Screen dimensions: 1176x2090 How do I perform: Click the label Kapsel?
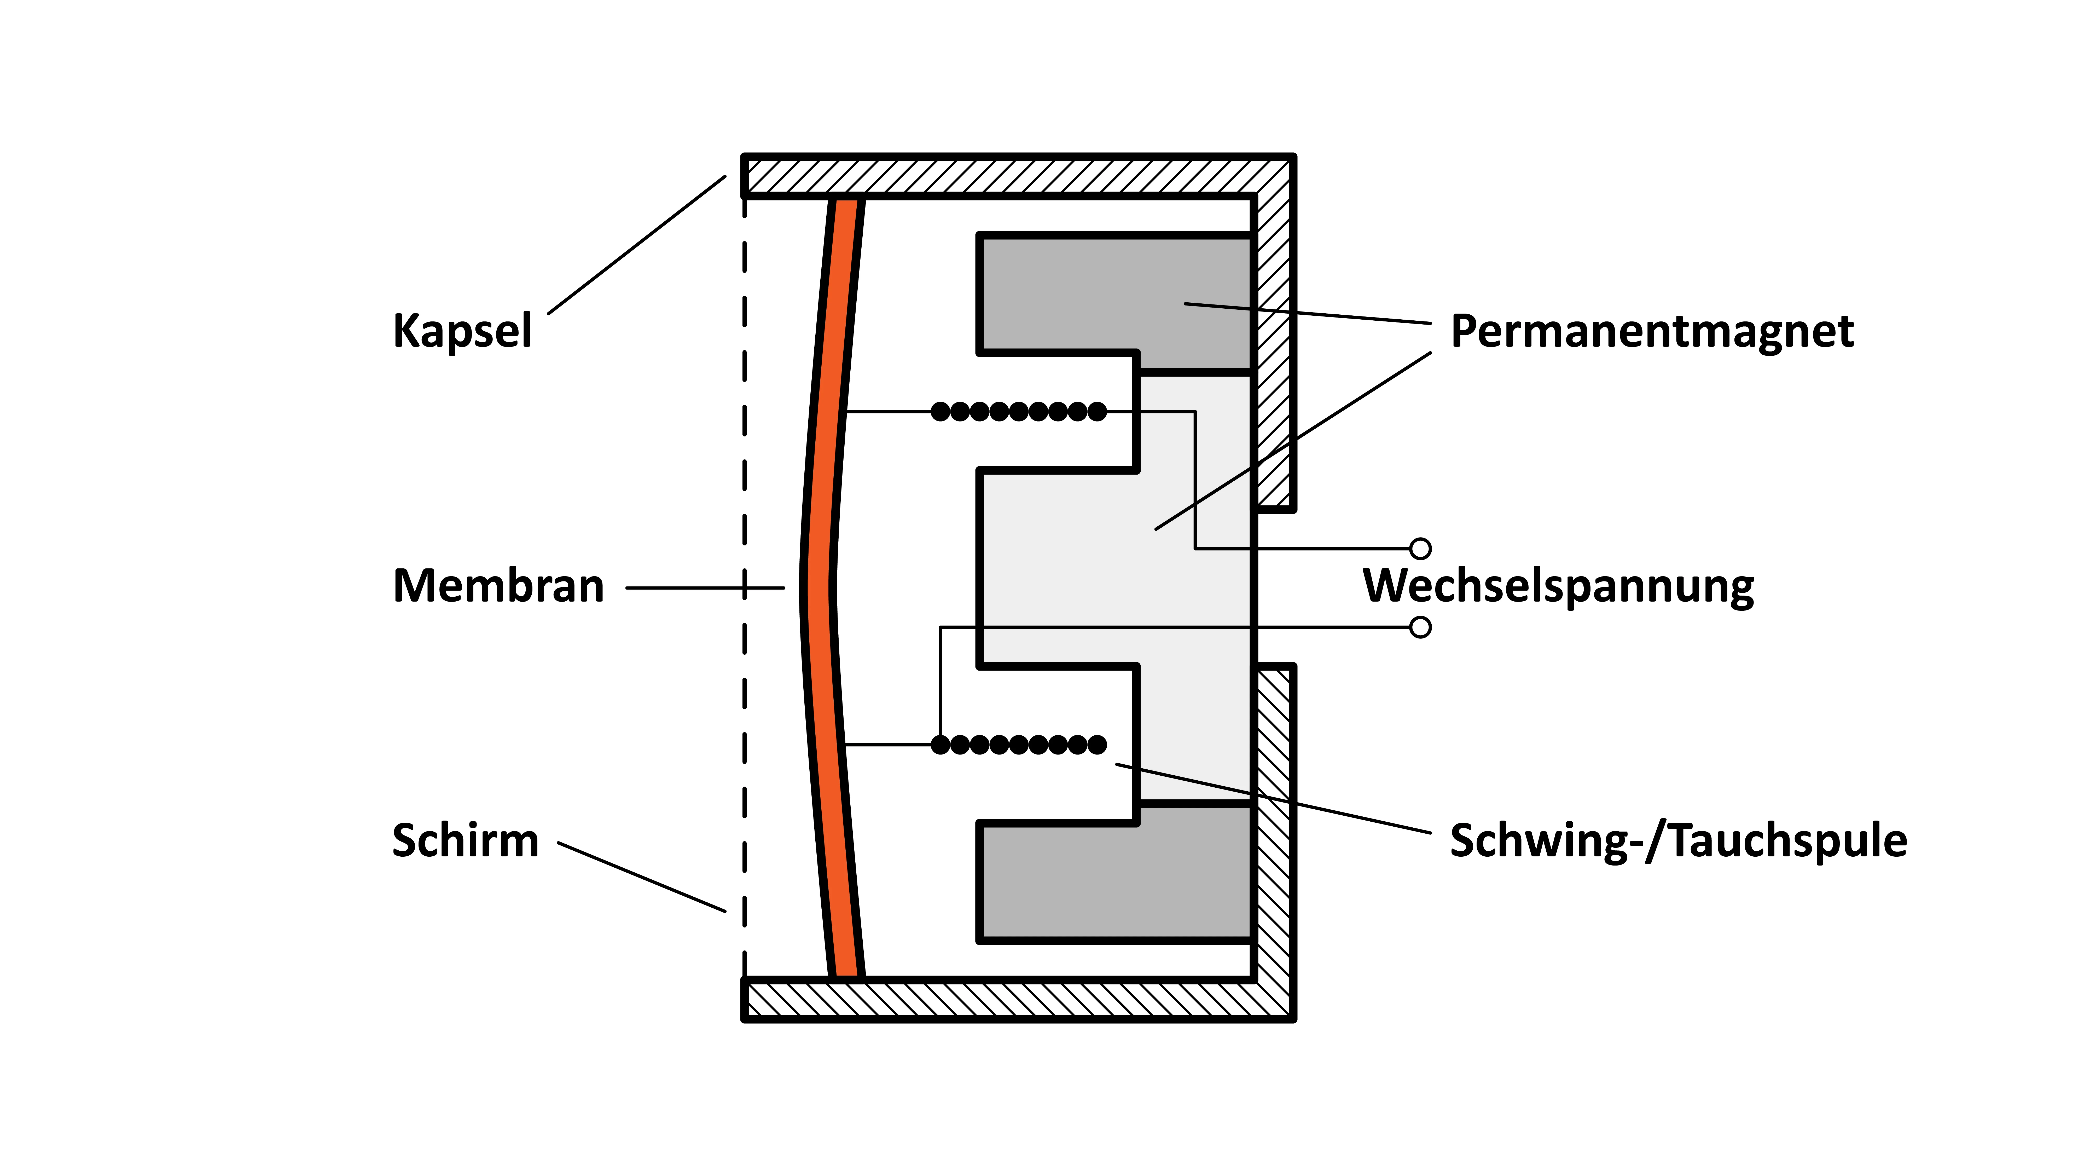(x=462, y=331)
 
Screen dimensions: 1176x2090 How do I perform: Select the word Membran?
(x=498, y=586)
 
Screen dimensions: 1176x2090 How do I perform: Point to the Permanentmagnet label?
(x=1652, y=331)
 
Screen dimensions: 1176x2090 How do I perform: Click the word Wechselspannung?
(x=1558, y=586)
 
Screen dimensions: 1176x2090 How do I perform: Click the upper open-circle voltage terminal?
(x=1420, y=549)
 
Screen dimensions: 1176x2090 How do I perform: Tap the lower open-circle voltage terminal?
(x=1420, y=627)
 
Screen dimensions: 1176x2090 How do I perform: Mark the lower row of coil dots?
(x=1018, y=744)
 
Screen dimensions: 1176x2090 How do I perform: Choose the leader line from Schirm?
(x=641, y=877)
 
